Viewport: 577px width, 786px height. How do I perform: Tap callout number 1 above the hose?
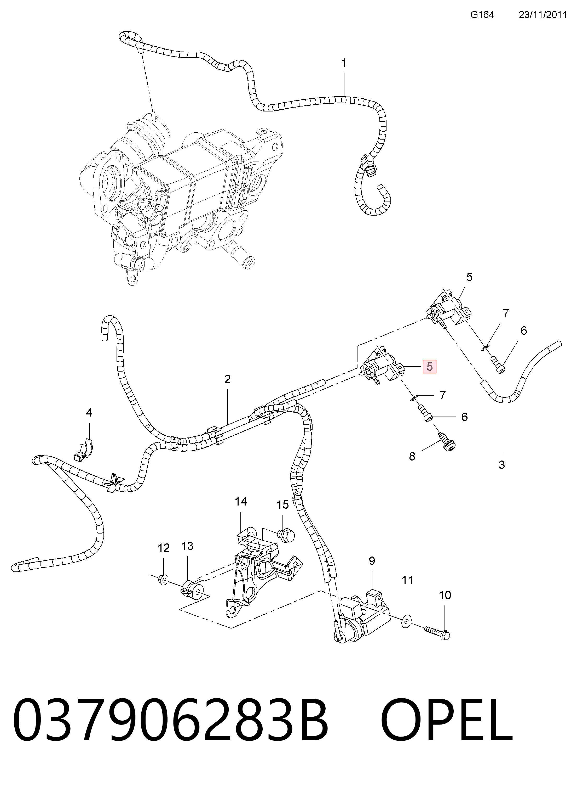pyautogui.click(x=344, y=63)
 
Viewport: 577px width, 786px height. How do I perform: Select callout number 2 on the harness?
pyautogui.click(x=227, y=379)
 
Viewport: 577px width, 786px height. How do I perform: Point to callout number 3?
pyautogui.click(x=501, y=465)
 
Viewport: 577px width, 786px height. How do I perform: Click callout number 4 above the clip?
pyautogui.click(x=89, y=413)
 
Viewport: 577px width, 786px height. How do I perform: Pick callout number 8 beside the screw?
pyautogui.click(x=412, y=456)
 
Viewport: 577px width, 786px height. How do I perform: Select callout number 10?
pyautogui.click(x=445, y=595)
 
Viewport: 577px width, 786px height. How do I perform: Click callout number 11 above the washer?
pyautogui.click(x=408, y=580)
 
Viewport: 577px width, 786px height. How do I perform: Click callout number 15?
pyautogui.click(x=283, y=504)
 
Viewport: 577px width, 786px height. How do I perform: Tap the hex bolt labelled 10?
pyautogui.click(x=437, y=632)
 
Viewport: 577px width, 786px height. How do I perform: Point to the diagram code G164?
pyautogui.click(x=482, y=15)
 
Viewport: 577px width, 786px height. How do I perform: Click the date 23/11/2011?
pyautogui.click(x=543, y=15)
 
